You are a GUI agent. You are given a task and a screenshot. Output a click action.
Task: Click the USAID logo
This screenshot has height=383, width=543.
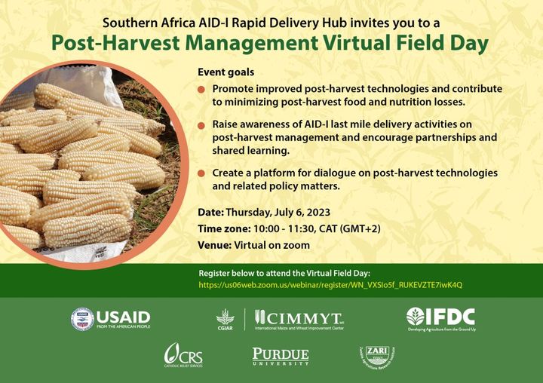111,319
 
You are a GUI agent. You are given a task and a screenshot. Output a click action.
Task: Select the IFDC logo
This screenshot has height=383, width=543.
440,318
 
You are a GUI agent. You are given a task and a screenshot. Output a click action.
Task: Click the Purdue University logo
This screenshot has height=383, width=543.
281,356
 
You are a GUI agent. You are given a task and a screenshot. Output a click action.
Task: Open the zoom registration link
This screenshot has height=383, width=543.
330,285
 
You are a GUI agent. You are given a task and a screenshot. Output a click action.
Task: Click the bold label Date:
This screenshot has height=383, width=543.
210,212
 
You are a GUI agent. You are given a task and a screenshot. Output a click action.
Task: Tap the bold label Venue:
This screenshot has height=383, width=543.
214,245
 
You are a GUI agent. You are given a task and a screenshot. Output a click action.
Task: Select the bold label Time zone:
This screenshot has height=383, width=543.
223,228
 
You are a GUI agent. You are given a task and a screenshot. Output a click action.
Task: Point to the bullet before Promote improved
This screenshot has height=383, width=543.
201,89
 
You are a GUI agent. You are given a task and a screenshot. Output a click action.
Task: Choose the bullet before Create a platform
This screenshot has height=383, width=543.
201,173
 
